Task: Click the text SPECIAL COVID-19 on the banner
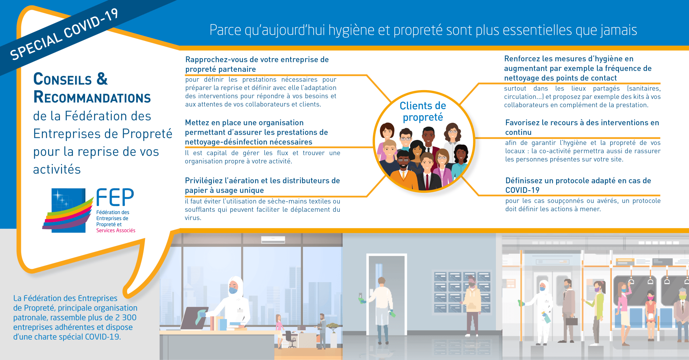(x=64, y=34)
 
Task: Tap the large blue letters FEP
(x=115, y=198)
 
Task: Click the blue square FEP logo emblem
(x=68, y=210)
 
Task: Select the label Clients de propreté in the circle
(x=423, y=111)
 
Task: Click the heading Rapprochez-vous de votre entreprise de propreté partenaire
(x=257, y=64)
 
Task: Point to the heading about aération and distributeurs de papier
(x=262, y=185)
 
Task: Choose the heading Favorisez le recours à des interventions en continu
(x=582, y=127)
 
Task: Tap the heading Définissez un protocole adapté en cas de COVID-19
(x=578, y=185)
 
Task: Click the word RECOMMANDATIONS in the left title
(x=92, y=97)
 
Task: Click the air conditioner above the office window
(x=273, y=239)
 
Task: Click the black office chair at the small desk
(x=289, y=339)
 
